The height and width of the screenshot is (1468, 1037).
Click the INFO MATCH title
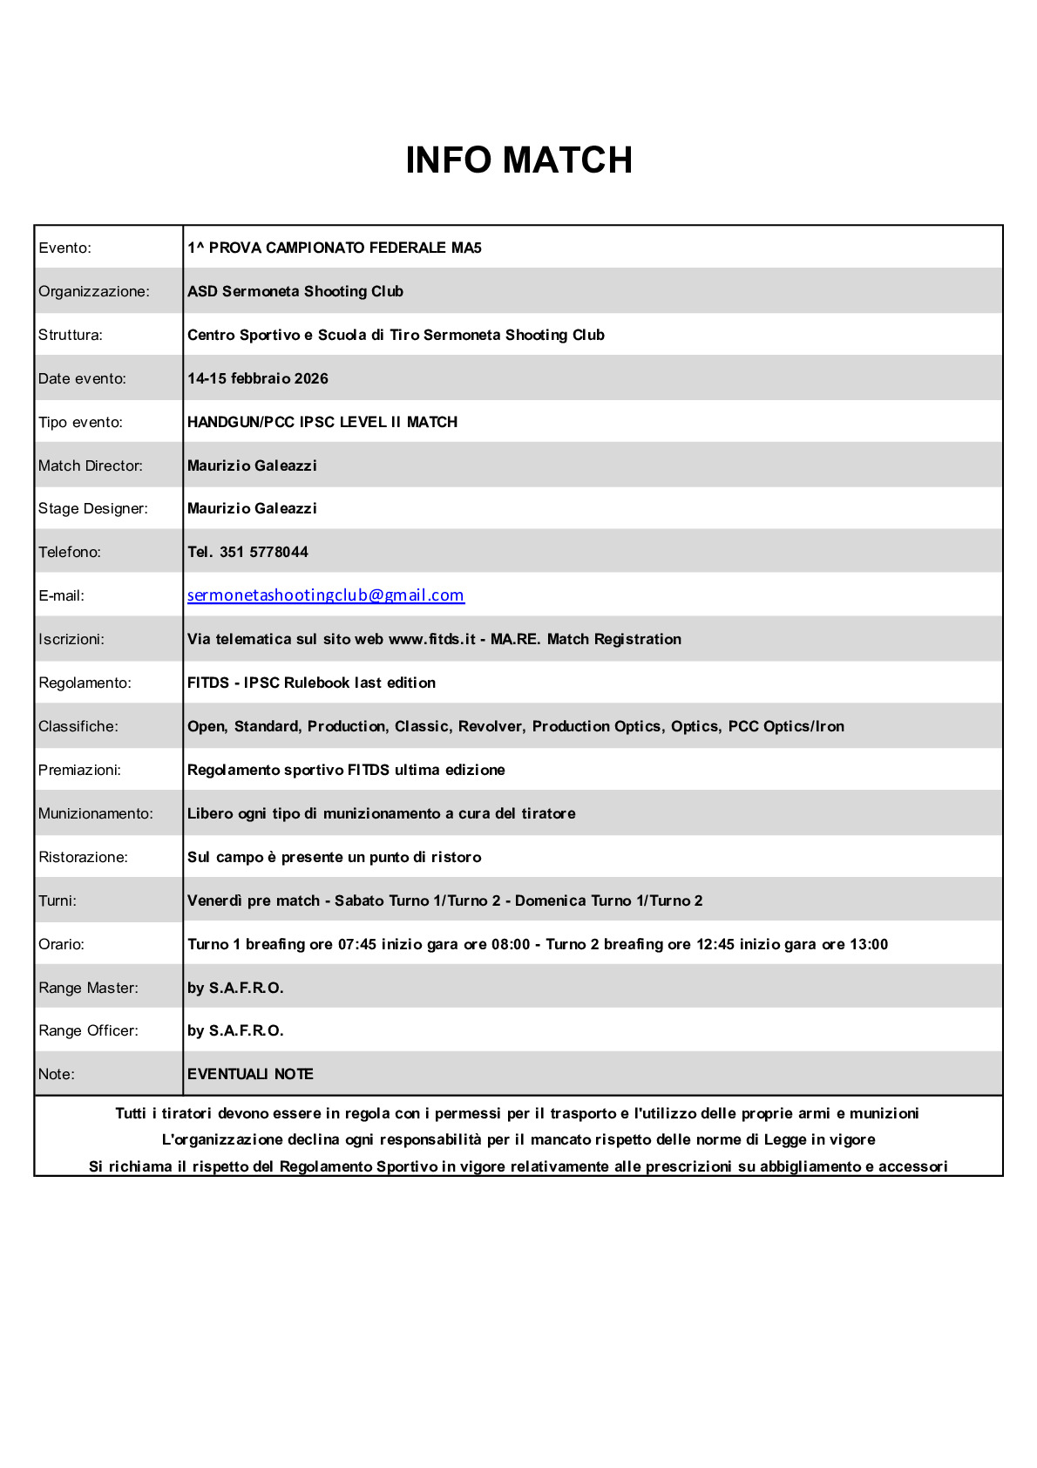point(518,160)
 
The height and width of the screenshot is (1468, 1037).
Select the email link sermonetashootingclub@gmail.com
point(325,595)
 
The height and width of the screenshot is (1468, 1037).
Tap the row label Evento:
point(64,248)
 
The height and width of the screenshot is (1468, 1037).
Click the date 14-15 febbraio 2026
point(257,378)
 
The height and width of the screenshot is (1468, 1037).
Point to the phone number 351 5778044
point(263,552)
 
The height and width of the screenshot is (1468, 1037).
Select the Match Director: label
point(90,466)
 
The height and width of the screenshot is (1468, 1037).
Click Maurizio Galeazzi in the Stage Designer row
point(252,508)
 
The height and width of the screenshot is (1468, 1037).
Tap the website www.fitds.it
point(431,639)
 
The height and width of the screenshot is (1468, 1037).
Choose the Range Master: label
point(88,988)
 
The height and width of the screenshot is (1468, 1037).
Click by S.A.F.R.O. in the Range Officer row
point(235,1030)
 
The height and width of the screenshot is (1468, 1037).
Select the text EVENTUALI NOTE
point(250,1074)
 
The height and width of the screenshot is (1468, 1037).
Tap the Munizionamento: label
point(95,813)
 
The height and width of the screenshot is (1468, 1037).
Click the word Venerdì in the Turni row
point(214,901)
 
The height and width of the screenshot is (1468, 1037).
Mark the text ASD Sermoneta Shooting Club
point(295,291)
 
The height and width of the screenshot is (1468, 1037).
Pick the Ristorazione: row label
point(83,857)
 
